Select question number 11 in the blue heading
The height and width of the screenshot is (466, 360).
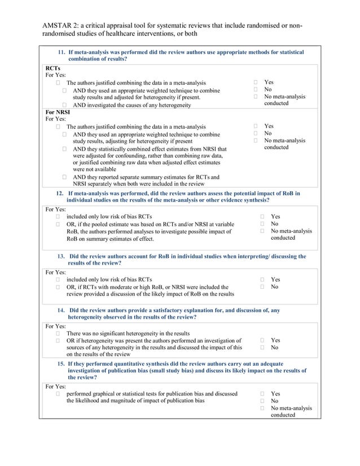[x=63, y=52]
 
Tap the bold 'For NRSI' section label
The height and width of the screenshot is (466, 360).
[x=58, y=112]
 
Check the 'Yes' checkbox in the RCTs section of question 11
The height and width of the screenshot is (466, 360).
[x=256, y=82]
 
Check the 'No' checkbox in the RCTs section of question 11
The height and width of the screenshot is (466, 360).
[x=256, y=90]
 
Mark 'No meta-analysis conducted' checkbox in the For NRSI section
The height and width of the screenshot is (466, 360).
[x=256, y=140]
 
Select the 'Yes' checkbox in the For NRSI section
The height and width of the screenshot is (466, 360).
[x=256, y=126]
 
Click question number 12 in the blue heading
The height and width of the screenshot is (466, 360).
[x=60, y=194]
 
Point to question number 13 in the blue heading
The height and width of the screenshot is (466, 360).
[x=62, y=257]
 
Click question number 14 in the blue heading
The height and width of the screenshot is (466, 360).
[x=62, y=310]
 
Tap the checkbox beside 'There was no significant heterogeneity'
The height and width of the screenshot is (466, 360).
[x=58, y=333]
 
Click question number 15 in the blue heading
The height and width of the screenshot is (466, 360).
[x=62, y=364]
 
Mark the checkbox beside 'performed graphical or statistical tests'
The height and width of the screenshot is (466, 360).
[x=58, y=394]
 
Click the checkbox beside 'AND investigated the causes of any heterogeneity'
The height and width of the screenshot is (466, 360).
[x=65, y=105]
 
